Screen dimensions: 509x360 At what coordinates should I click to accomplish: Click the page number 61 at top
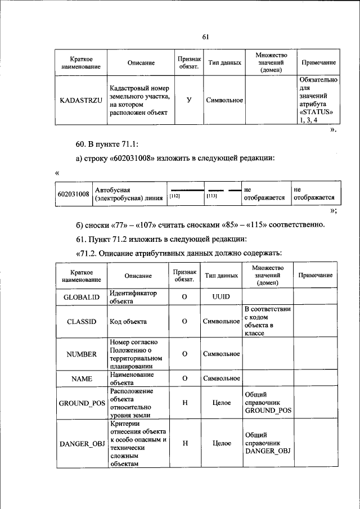(205, 37)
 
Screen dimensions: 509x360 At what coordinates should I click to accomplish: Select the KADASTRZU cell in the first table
(81, 100)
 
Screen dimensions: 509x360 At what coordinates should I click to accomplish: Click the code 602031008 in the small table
(74, 194)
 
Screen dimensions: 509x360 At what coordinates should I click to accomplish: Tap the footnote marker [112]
(174, 196)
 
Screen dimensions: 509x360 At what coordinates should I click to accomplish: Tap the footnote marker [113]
(212, 196)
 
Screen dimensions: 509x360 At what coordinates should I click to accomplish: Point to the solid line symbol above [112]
(186, 190)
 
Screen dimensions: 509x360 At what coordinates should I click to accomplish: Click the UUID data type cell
(222, 297)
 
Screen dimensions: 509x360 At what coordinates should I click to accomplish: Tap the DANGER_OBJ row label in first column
(82, 444)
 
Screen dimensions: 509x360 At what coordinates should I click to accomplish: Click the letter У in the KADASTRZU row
(188, 100)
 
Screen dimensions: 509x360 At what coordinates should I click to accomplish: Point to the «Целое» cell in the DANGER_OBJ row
(222, 444)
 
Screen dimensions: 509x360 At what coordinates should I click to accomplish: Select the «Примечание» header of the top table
(319, 63)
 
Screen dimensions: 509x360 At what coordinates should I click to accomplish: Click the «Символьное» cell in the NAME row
(222, 379)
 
